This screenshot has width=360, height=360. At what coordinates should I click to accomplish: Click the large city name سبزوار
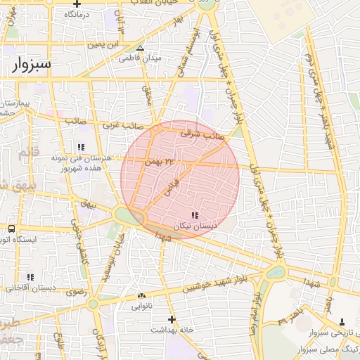click(32, 64)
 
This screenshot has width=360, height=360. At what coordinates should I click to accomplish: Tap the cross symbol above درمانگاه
click(76, 4)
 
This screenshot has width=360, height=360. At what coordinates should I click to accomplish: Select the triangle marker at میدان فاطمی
click(141, 49)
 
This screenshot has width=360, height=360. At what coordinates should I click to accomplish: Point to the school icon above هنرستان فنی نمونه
click(82, 147)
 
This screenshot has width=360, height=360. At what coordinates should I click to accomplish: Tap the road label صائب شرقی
click(202, 132)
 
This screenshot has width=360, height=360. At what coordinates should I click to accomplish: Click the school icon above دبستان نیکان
click(195, 214)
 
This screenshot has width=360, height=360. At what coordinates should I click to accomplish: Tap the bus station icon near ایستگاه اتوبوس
click(12, 229)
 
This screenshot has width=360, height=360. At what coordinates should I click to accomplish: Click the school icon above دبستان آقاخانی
click(29, 278)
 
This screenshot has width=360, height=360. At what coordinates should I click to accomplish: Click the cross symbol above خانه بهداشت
click(171, 319)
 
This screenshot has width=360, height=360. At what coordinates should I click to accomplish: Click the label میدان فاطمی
click(161, 58)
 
